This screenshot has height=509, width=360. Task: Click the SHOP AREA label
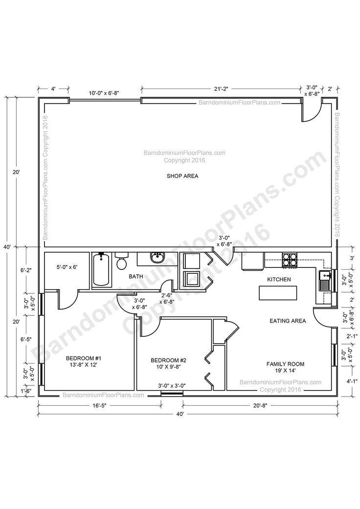(182, 176)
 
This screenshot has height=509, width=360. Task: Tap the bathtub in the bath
(102, 270)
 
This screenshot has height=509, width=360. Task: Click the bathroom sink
(157, 258)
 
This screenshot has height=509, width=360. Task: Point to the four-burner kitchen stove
(289, 259)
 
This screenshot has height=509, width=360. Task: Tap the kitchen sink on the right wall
(325, 282)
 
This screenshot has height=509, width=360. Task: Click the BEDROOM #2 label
(169, 364)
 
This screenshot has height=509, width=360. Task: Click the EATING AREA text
(288, 321)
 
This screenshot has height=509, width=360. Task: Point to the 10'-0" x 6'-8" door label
(104, 92)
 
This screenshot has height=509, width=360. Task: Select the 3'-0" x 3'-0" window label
(172, 386)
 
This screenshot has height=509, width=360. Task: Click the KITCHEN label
(279, 279)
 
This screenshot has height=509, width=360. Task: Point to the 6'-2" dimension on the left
(26, 270)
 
